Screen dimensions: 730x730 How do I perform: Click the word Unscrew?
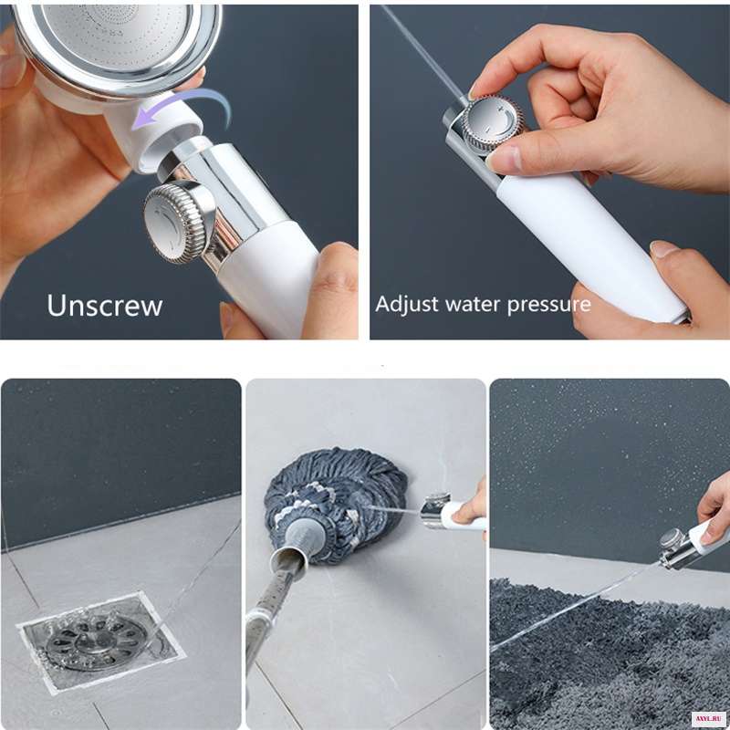coord(105,306)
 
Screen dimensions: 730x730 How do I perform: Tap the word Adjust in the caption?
coord(407,305)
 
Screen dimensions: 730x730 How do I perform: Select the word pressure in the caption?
coord(549,306)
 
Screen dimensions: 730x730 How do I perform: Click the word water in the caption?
coord(473,304)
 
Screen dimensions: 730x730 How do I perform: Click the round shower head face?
coord(117,42)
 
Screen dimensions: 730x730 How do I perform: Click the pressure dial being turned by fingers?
coord(494,123)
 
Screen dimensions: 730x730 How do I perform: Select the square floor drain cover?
coord(101,641)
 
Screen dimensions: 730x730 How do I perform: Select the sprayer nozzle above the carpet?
coord(675,548)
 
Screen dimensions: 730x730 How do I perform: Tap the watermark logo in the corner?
coord(711,718)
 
